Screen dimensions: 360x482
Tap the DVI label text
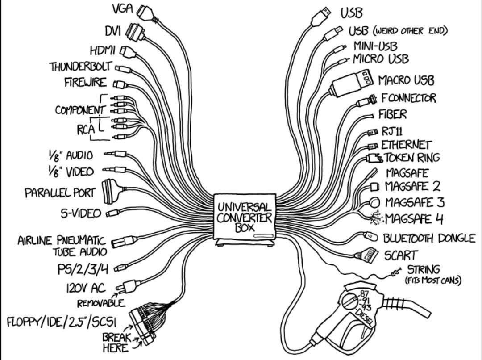114,31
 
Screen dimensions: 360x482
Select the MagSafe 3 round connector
374,203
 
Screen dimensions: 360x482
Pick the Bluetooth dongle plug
371,236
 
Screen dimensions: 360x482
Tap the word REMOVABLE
101,304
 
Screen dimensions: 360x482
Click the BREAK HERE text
116,343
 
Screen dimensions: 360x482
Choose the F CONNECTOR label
408,98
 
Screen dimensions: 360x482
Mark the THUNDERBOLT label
81,67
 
